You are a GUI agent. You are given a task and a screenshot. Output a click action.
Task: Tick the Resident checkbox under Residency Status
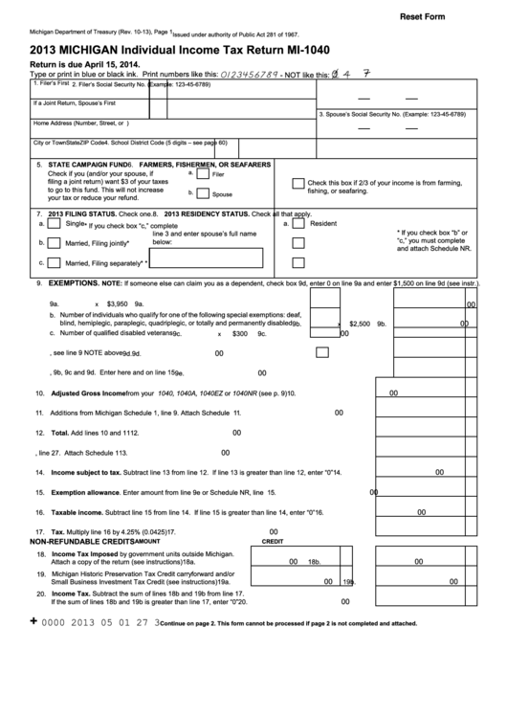pos(298,223)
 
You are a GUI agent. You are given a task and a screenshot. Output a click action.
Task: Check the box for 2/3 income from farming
pos(298,186)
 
